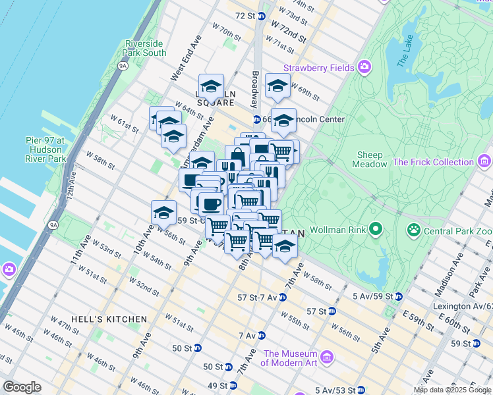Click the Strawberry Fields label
point(320,68)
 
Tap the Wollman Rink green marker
point(376,230)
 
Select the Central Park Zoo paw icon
point(414,230)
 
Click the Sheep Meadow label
point(370,159)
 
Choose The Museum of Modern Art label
point(290,358)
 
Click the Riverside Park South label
point(145,48)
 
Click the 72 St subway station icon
point(262,16)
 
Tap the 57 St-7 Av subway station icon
point(282,298)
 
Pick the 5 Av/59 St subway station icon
point(399,296)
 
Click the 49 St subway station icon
point(233,386)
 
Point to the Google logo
point(22,387)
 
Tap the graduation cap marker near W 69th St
point(277,86)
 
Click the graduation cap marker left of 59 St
point(163,213)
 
